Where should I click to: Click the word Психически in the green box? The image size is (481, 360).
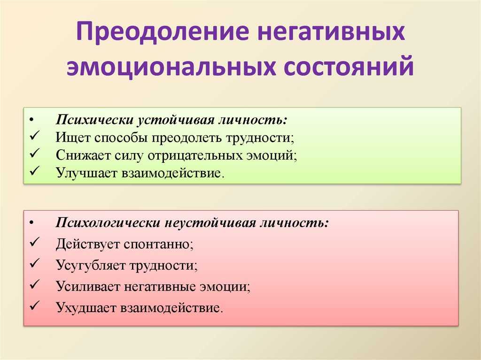[94, 120]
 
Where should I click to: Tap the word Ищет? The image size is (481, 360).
[73, 138]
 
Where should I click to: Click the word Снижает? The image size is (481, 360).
[83, 155]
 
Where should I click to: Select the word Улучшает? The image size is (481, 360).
[86, 173]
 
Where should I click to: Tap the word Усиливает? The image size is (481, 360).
[87, 286]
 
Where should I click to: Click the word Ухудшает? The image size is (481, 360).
[86, 307]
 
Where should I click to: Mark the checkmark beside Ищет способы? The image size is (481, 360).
[35, 135]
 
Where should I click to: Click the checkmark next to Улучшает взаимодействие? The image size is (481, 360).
[35, 171]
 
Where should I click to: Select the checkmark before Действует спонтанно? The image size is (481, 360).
[35, 242]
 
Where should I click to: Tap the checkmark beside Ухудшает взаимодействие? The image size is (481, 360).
[35, 306]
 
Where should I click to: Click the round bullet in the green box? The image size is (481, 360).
[32, 120]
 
